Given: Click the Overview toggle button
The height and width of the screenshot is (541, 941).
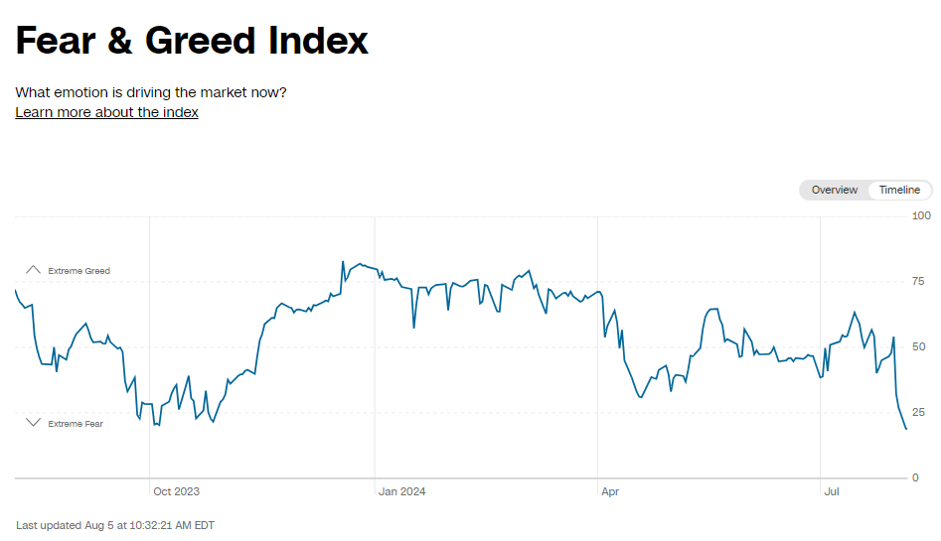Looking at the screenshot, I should point(834,190).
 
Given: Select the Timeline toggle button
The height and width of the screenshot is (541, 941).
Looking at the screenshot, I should point(899,190).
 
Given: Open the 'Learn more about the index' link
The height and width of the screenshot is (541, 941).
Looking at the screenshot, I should point(106,112).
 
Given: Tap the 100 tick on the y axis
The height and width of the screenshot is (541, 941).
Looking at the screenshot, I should point(921,215).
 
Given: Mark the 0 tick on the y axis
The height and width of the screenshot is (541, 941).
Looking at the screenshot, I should point(915,477).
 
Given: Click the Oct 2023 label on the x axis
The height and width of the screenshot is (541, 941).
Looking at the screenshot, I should point(176,491).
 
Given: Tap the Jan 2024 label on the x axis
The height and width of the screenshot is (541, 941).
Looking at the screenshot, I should point(401,491).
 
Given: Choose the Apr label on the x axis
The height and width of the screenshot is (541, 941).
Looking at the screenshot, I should point(609,491).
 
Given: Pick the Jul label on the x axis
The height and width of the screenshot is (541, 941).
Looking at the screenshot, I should point(833,491).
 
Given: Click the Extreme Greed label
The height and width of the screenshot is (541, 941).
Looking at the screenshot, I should point(78,271).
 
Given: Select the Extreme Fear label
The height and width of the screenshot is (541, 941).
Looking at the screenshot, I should point(76,424).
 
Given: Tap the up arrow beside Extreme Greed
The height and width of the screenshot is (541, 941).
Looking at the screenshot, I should point(33,270).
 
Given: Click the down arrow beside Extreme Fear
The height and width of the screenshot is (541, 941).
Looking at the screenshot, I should point(33,423).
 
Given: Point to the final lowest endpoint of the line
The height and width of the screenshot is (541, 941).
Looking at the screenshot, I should point(906,429).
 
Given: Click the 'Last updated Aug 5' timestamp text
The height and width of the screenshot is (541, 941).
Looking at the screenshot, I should point(115,525).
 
